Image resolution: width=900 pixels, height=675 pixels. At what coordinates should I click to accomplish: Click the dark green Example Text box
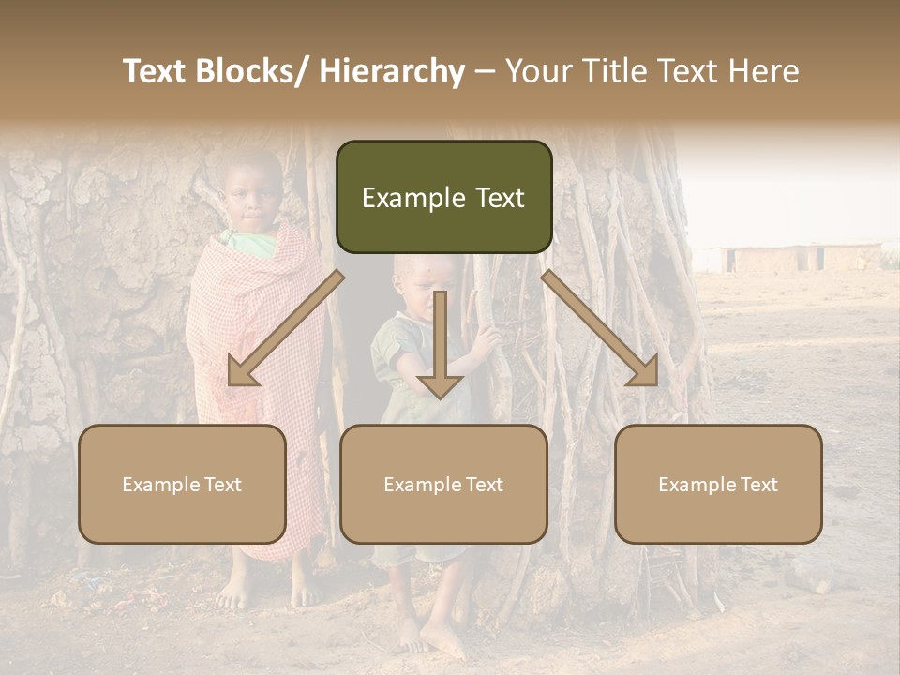pos(443,197)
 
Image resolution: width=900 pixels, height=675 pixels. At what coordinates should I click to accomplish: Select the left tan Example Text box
pos(182,484)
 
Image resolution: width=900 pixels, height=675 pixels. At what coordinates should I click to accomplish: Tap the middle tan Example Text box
pos(443,484)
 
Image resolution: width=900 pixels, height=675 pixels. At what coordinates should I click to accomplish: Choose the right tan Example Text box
pos(718,484)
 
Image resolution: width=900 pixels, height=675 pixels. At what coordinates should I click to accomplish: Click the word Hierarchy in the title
pos(391,71)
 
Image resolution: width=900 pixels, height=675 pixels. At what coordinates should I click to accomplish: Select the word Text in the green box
pos(493,198)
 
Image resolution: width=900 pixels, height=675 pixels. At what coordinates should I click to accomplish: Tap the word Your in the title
pos(535,71)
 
